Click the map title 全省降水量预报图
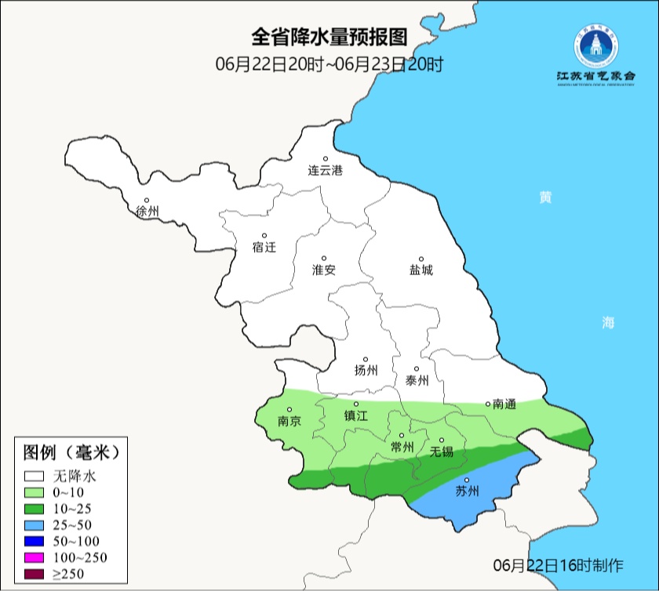(x=329, y=37)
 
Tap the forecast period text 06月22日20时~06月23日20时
(x=329, y=64)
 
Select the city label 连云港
(x=325, y=170)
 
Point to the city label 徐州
(x=147, y=212)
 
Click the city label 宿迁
(x=264, y=247)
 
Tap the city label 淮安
(x=324, y=270)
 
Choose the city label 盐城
(x=421, y=270)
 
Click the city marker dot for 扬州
(x=365, y=360)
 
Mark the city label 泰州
(x=417, y=380)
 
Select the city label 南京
(x=289, y=421)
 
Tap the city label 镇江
(x=355, y=416)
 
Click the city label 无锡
(x=442, y=451)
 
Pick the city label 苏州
(x=467, y=492)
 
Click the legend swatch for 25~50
(x=35, y=524)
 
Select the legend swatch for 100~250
(x=35, y=557)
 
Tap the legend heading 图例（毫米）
(x=71, y=453)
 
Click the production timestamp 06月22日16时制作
(x=558, y=565)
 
